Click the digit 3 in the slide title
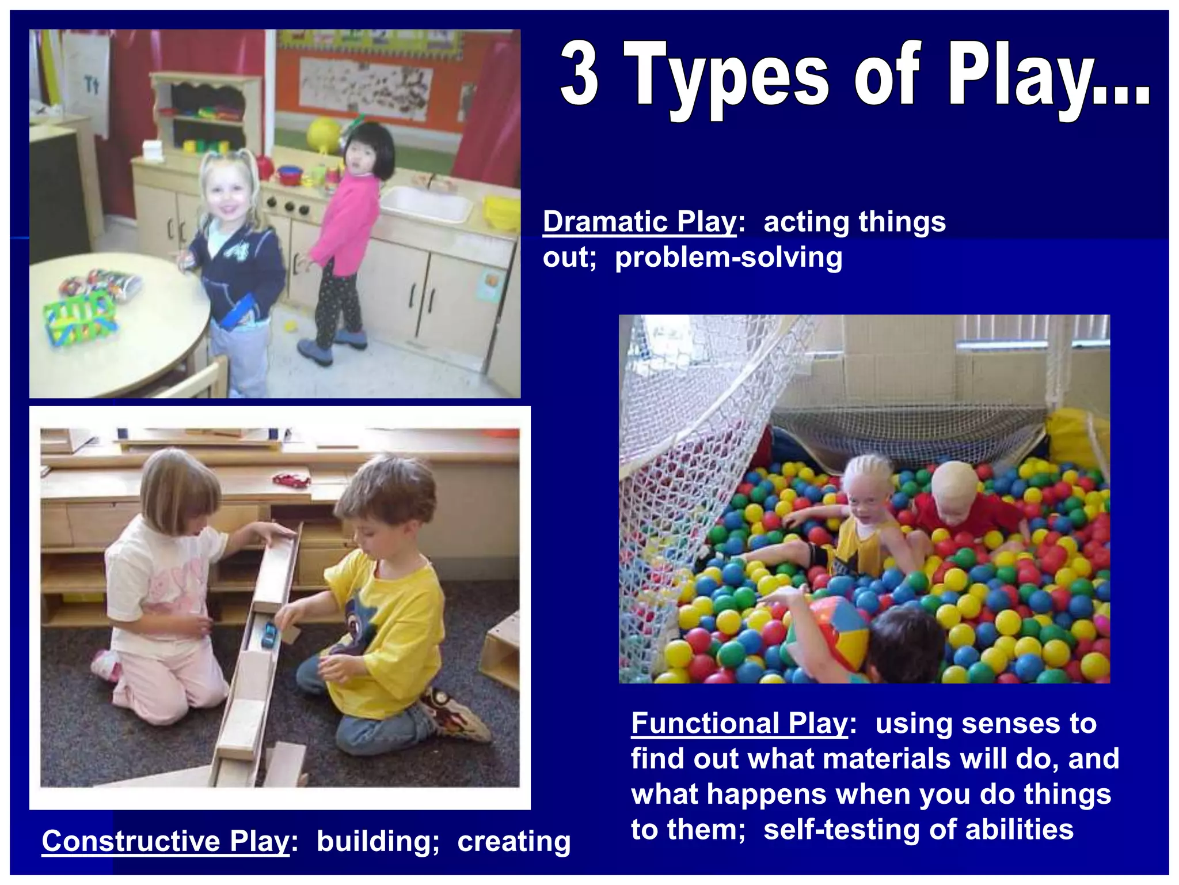tap(580, 75)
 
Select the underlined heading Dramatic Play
tap(639, 222)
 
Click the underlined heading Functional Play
tap(739, 724)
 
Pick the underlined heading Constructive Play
tap(165, 841)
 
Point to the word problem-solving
tap(728, 258)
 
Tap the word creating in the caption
tap(514, 841)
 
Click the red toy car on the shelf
tap(291, 479)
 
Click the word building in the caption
tap(378, 841)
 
